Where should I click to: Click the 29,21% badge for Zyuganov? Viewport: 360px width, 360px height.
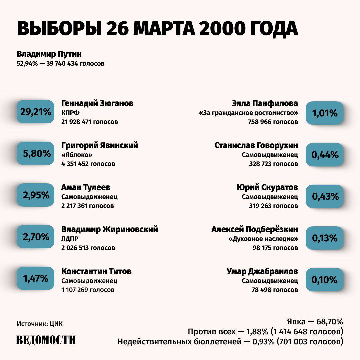tap(36, 112)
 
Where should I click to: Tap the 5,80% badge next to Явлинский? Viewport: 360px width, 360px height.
tap(36, 153)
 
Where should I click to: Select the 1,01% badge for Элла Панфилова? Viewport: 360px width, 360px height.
tap(324, 113)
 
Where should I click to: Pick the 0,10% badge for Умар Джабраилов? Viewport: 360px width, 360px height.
tap(324, 280)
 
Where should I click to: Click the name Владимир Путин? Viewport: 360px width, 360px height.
tap(49, 54)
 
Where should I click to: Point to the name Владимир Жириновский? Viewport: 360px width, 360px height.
tap(110, 229)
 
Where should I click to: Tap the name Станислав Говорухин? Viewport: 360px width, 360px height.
tap(256, 145)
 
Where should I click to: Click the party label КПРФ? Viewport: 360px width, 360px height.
tap(70, 113)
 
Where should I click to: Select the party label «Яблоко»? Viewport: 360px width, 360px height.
tap(77, 155)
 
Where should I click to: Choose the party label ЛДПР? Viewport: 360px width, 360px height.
tap(70, 239)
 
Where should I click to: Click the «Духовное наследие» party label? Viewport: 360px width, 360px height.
tap(263, 239)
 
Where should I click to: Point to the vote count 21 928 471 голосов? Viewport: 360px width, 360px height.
tap(90, 122)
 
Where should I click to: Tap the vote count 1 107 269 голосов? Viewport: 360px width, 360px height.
tap(88, 290)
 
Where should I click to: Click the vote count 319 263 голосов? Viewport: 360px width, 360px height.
tap(273, 206)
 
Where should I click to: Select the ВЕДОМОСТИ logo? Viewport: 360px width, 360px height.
tap(46, 340)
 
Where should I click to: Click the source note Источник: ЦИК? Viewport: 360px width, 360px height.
tap(40, 324)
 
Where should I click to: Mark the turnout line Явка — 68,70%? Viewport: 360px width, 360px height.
tap(315, 322)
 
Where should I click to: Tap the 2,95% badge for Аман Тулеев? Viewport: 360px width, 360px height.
tap(36, 195)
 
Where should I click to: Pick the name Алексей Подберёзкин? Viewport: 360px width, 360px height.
tap(255, 229)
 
